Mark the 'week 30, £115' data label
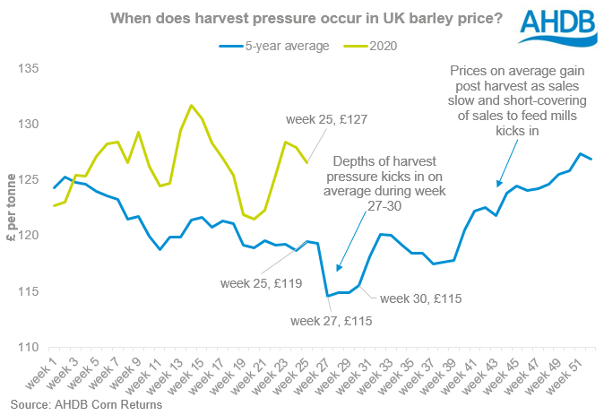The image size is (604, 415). tap(420, 298)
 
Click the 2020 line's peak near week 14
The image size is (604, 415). tap(191, 105)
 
